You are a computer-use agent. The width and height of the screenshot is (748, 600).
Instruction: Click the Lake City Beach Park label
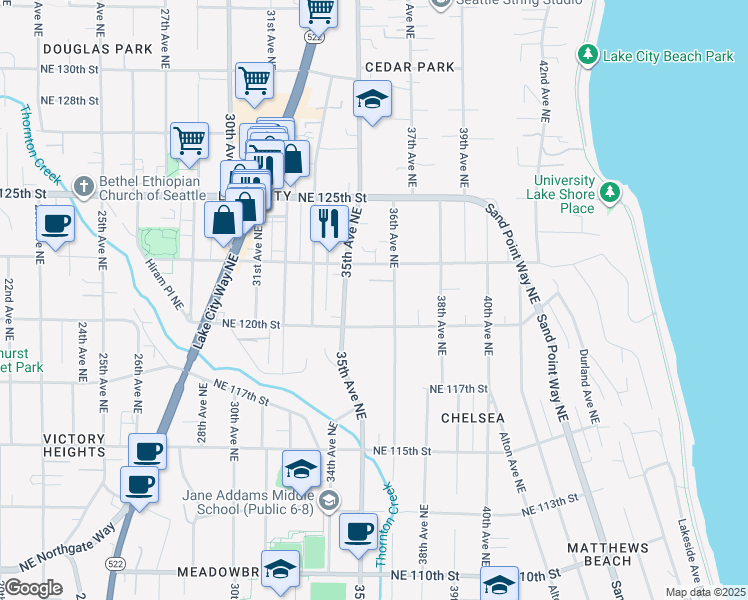[668, 56]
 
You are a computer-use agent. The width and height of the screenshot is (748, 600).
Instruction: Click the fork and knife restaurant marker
[328, 223]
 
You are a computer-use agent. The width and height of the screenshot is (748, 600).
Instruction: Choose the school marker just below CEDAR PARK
[372, 99]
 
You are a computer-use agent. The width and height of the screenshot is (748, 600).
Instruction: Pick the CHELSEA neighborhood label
[466, 417]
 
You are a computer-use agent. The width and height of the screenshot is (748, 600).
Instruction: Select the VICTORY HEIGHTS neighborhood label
[88, 439]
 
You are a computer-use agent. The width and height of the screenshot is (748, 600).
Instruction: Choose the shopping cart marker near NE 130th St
[254, 80]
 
